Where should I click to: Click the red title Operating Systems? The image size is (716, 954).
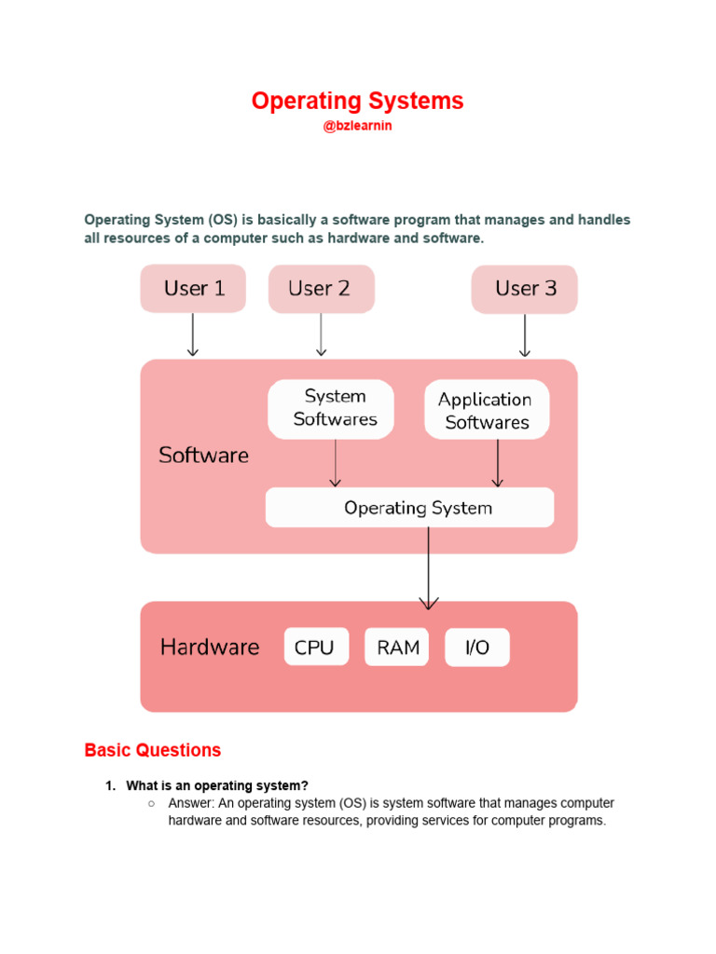tap(357, 102)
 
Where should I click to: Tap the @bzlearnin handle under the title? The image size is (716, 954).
tap(357, 126)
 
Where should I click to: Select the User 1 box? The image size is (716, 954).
tap(193, 289)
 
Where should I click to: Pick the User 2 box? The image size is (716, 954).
tap(321, 289)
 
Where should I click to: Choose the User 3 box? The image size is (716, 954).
tap(524, 289)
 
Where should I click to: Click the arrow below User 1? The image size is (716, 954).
tap(193, 334)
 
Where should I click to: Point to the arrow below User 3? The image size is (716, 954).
tap(524, 334)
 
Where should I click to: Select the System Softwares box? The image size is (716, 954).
tap(331, 408)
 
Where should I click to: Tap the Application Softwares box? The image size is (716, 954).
tap(487, 410)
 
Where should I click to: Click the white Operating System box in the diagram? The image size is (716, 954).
tap(410, 508)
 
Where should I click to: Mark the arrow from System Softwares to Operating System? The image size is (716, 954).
tap(335, 462)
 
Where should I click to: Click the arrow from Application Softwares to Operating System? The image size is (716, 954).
tap(497, 462)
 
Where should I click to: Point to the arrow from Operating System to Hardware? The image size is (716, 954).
tap(429, 568)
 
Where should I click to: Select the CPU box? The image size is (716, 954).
tap(316, 647)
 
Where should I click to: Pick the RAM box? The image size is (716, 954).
tap(397, 647)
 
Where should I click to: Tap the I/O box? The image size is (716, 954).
tap(477, 647)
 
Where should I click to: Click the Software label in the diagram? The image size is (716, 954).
tap(204, 456)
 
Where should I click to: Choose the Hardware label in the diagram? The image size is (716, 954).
tap(210, 647)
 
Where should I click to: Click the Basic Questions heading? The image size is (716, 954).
tap(153, 750)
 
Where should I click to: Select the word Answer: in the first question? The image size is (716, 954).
tap(191, 803)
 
